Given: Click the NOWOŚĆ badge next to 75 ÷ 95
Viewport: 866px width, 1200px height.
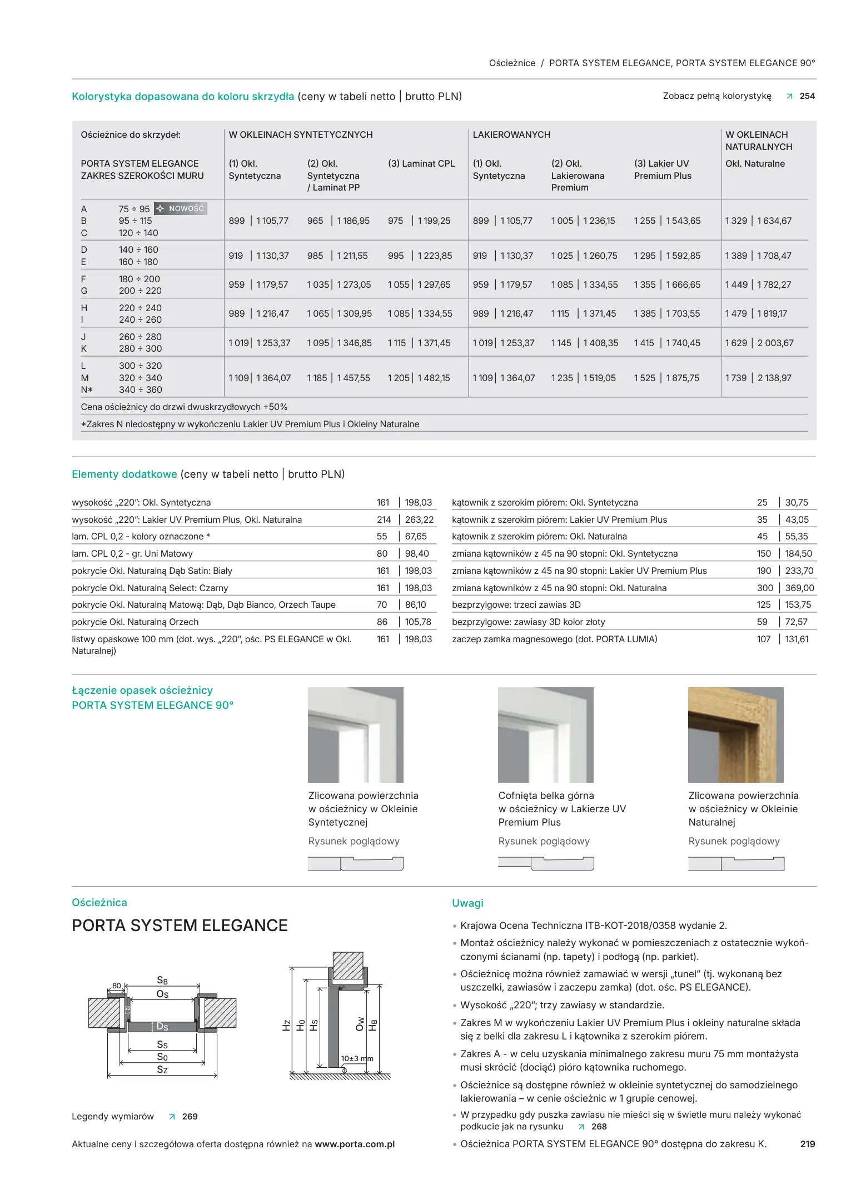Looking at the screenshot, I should click(181, 209).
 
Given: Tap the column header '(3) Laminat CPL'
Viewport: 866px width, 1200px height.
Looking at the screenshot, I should click(421, 164).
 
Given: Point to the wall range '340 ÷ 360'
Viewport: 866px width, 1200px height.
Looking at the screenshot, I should click(140, 390).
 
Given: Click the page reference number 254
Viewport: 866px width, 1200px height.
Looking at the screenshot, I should click(807, 96).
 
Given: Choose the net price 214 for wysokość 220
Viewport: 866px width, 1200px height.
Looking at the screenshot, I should click(384, 520).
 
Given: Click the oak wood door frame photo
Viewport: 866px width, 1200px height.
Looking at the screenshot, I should click(735, 734).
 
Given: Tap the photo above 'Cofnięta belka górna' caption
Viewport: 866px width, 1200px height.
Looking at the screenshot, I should click(545, 734).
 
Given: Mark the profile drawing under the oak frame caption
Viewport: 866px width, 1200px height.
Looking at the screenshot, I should click(735, 864).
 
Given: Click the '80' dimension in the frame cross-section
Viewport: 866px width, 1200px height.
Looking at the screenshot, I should click(117, 986).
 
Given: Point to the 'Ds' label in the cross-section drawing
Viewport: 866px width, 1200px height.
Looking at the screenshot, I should click(162, 1027).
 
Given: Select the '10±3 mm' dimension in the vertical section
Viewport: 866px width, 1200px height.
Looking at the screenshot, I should click(357, 1059).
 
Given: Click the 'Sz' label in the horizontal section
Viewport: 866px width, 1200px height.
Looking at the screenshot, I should click(162, 1070).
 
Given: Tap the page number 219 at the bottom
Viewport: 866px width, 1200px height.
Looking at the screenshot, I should click(807, 1144).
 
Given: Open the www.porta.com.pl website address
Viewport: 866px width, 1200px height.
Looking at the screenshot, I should click(355, 1144).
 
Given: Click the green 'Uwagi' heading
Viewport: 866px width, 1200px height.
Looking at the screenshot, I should click(467, 903).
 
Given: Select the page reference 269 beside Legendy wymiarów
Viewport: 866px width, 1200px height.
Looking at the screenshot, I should click(190, 1117).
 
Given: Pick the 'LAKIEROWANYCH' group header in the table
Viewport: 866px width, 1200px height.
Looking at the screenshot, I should click(511, 135).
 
